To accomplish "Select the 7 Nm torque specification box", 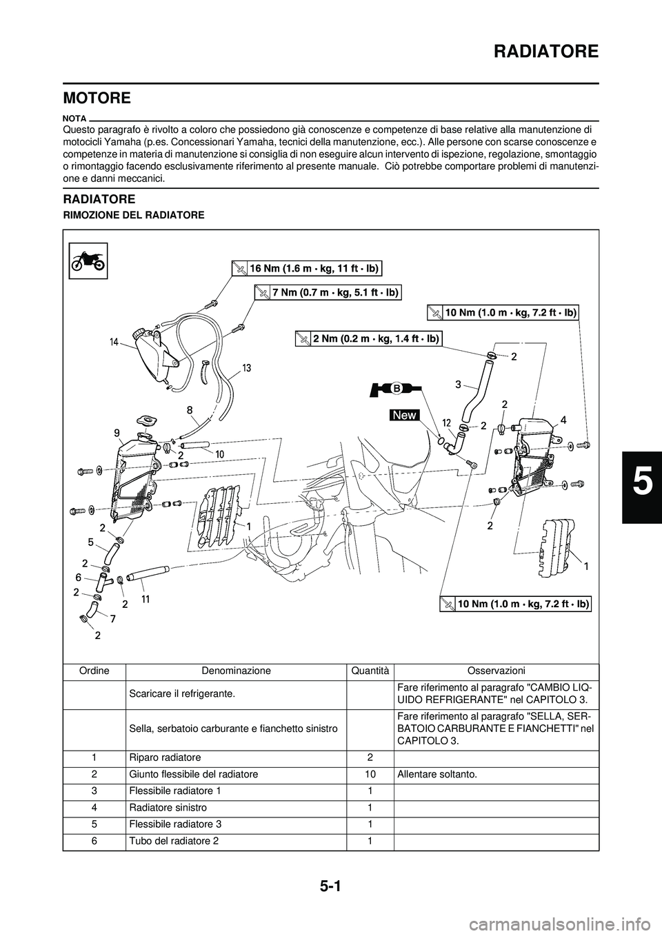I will point(327,293).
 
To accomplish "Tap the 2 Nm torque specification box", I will point(368,338).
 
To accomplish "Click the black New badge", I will point(404,415).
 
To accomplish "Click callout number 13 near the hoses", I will point(246,368).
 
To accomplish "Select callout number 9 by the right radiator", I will point(117,433).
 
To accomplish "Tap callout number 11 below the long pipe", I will point(146,600).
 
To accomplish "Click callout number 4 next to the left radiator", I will point(563,419).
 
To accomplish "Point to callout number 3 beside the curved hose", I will point(458,385).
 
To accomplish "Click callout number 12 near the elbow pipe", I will point(446,423).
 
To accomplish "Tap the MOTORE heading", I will point(97,98).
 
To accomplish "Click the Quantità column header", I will point(370,671).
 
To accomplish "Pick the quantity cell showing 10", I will point(370,775).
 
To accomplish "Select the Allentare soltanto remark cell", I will point(437,775).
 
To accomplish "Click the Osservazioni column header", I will point(496,671).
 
